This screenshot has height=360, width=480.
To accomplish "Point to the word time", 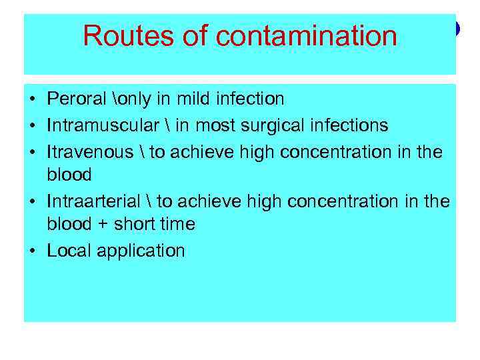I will pyautogui.click(x=177, y=225).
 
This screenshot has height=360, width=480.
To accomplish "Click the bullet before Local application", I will pyautogui.click(x=33, y=251).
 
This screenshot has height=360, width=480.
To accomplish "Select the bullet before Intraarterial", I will pyautogui.click(x=33, y=201).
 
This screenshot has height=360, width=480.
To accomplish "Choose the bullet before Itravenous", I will pyautogui.click(x=33, y=153).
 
